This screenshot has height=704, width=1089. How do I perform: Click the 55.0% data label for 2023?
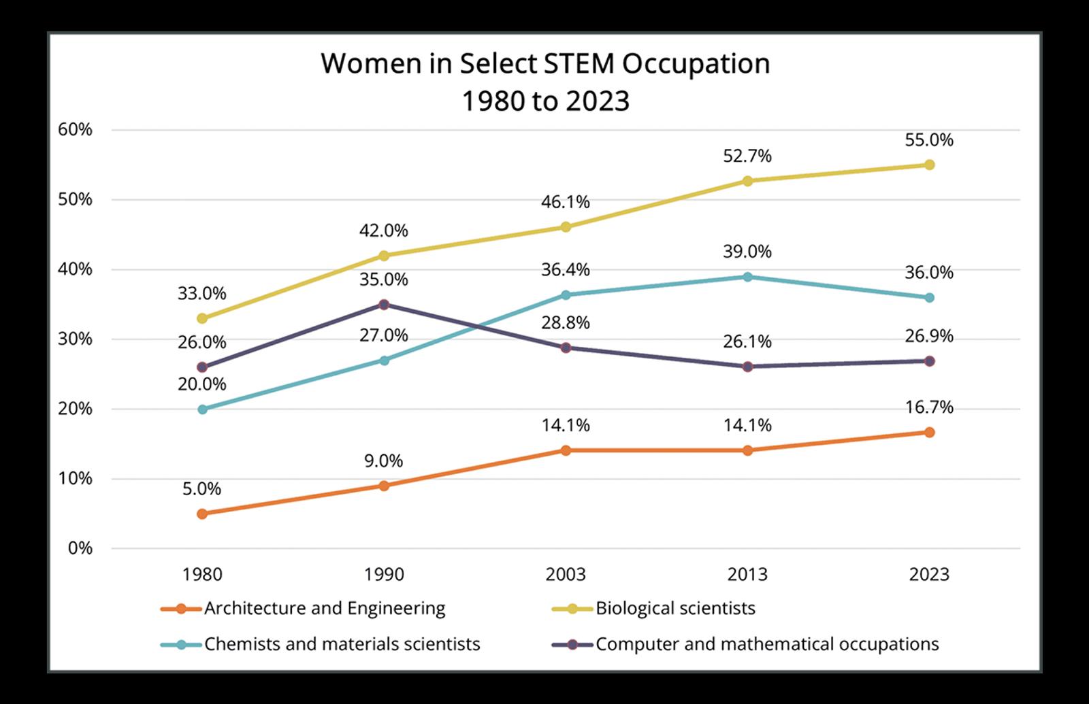click(x=929, y=141)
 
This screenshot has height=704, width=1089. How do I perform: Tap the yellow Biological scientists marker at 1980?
click(x=202, y=318)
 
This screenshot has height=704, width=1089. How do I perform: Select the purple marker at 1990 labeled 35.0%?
click(x=384, y=304)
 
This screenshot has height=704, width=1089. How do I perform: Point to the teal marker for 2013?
click(x=747, y=277)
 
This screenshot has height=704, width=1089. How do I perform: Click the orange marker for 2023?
click(x=929, y=433)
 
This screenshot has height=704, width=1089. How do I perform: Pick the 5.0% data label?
click(x=202, y=488)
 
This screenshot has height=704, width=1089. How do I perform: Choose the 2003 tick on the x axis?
click(x=566, y=575)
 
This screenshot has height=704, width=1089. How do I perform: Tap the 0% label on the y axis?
click(x=79, y=548)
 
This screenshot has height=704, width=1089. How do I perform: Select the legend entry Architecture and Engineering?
click(x=325, y=608)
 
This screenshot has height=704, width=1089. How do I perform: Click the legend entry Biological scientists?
click(x=675, y=608)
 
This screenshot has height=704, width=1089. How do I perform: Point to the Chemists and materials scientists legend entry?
click(x=342, y=644)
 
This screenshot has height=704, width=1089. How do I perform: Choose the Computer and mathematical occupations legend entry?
click(x=767, y=644)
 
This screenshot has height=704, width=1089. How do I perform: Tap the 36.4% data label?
click(x=566, y=270)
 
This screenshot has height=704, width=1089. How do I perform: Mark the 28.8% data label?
click(x=566, y=323)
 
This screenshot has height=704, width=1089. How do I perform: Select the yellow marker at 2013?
click(x=747, y=181)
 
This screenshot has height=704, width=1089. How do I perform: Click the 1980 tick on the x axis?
click(x=202, y=575)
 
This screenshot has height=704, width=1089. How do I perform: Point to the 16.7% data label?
click(x=929, y=407)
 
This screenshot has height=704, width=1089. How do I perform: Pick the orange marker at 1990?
click(x=384, y=486)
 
